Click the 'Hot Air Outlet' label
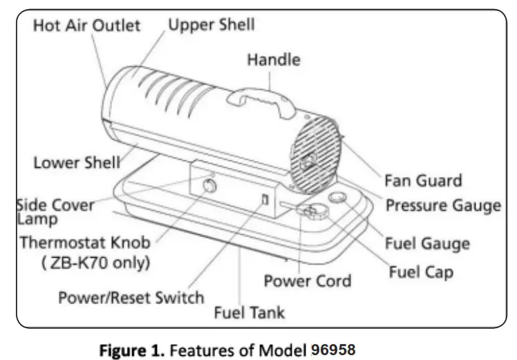click(86, 26)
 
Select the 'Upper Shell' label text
click(211, 25)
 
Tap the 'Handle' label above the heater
click(274, 60)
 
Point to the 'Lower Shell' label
click(77, 164)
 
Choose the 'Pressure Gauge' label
click(442, 206)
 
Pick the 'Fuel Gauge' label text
click(427, 243)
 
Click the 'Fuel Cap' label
click(421, 272)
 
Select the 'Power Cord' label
click(308, 281)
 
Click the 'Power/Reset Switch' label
click(131, 298)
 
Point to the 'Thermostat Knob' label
click(84, 243)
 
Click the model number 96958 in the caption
click(330, 350)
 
